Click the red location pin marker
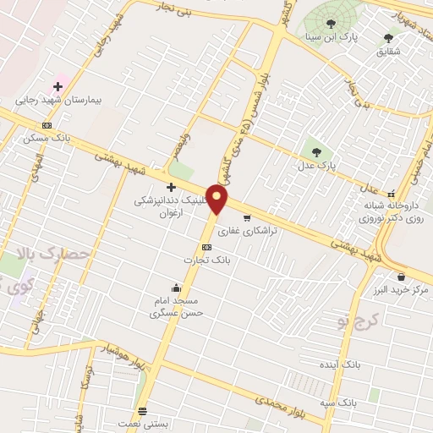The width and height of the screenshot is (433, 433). coord(219,200)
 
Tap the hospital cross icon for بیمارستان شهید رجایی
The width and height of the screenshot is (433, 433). coord(58,86)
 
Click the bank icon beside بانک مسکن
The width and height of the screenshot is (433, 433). coord(47,125)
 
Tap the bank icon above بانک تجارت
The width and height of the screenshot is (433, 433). coord(205,248)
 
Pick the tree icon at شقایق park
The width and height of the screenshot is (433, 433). coord(388,37)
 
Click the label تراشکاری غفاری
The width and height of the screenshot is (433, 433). coord(243,229)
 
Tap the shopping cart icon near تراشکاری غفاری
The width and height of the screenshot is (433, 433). coord(247,216)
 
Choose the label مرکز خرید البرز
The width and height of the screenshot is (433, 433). coord(399,289)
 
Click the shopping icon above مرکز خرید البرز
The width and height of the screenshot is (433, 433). coord(400,276)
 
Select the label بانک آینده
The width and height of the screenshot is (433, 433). coord(347,364)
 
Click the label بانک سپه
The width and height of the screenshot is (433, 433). coord(336,403)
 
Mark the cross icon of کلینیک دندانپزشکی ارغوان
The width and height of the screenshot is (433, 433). coord(171,187)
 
